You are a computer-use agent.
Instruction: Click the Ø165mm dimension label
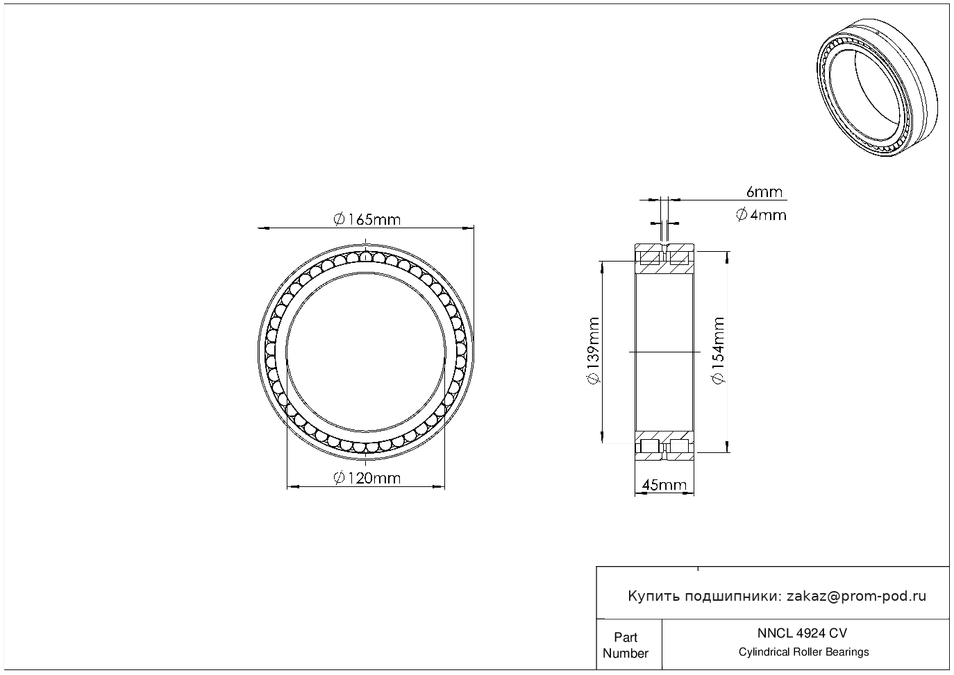[367, 220]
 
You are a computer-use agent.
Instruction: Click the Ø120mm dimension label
[367, 479]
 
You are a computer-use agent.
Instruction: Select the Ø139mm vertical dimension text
[593, 351]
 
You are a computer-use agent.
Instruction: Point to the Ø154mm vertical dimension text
[719, 351]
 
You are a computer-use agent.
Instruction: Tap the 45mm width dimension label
[664, 485]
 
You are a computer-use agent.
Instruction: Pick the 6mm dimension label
[764, 192]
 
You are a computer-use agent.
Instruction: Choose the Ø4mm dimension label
[761, 215]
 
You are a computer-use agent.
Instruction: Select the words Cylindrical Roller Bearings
[803, 652]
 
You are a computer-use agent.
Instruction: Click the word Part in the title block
[626, 637]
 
